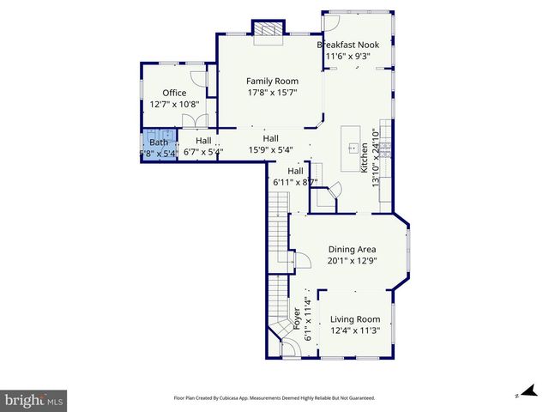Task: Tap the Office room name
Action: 174,93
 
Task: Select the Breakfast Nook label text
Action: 349,45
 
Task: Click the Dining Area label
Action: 353,249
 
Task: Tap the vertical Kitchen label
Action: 364,158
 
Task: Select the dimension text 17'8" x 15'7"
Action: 272,94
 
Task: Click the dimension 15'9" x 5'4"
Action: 270,150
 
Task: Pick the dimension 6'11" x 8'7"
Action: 295,182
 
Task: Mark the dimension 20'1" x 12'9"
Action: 353,261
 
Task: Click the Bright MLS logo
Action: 34,400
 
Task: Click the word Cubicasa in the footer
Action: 233,398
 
